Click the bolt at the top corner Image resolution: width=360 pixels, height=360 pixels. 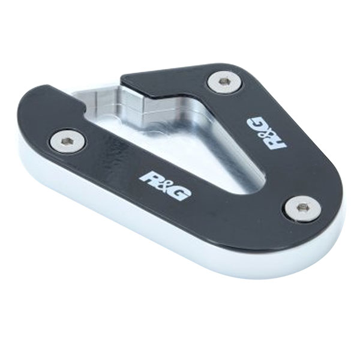tap(224, 81)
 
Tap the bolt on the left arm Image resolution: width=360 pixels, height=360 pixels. tap(67, 142)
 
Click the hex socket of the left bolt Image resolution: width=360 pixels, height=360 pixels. tap(67, 142)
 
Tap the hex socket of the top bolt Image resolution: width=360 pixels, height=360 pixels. tap(224, 81)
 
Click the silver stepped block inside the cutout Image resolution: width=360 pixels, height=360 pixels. tap(144, 105)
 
